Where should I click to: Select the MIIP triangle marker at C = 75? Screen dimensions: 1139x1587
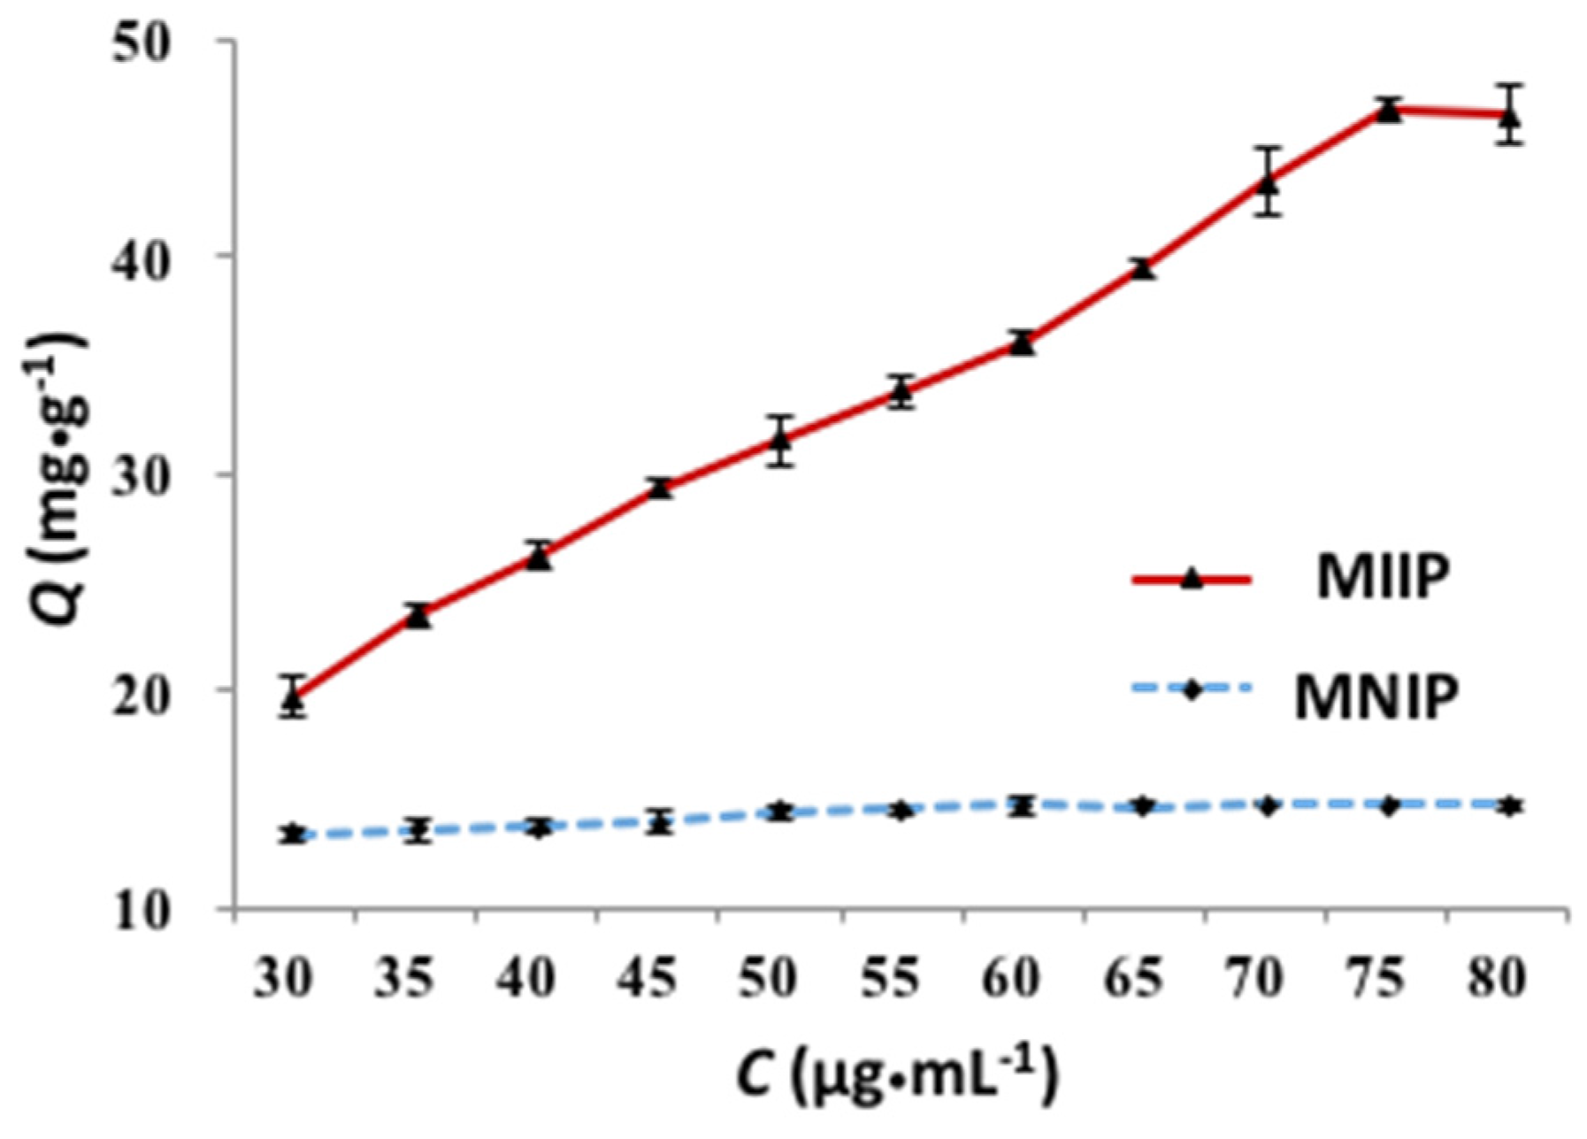(x=1389, y=112)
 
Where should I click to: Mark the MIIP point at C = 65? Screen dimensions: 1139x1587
(x=1144, y=269)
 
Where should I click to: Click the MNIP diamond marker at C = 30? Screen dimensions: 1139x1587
(x=295, y=834)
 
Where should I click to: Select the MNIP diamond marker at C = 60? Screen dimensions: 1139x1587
(x=1023, y=805)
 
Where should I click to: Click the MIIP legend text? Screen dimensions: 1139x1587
(x=1383, y=579)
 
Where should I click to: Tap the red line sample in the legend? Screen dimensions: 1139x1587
(x=1192, y=581)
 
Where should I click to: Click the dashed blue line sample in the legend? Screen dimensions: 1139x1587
(x=1192, y=690)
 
